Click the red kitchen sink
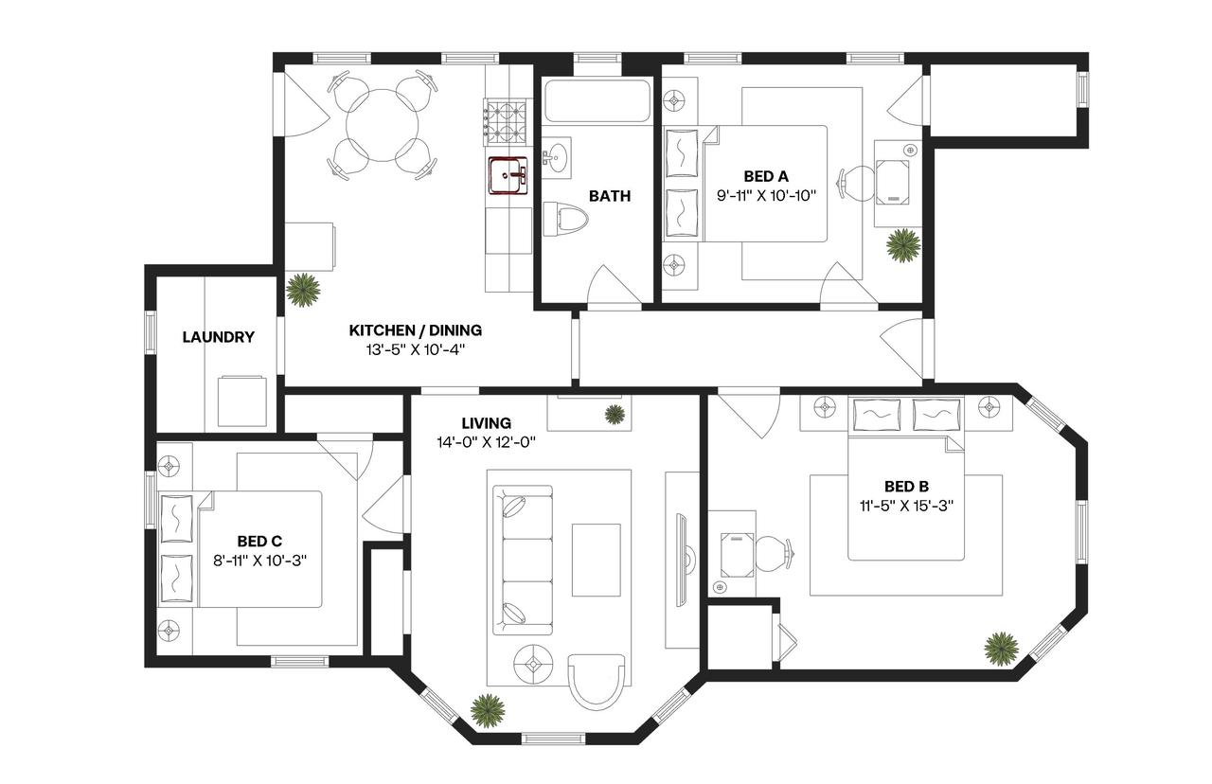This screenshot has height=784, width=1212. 508,175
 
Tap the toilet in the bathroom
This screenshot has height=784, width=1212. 565,219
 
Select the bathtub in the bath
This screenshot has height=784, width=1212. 597,101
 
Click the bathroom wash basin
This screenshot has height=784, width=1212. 557,157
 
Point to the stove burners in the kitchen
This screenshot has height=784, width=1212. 506,122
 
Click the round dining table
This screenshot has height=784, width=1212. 382,125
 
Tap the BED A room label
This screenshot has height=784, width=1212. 766,176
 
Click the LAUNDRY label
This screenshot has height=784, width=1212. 218,337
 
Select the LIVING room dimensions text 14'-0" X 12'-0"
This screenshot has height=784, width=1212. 486,442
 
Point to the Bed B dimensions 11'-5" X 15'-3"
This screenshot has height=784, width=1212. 906,506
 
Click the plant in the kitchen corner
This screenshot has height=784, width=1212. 303,290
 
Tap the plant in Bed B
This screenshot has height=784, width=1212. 1001,649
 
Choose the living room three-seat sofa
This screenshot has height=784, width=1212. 523,560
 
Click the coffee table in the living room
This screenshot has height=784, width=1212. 597,560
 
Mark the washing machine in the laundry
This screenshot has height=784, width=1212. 241,401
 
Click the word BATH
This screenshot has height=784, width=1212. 610,196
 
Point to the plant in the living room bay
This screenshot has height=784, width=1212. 488,711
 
